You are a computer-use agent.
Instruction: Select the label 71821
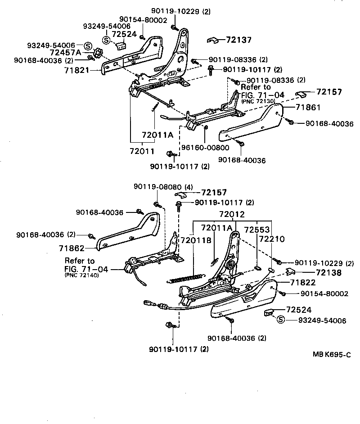tap(77, 70)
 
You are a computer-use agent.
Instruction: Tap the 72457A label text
tap(66, 53)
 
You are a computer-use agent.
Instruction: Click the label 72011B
tap(196, 240)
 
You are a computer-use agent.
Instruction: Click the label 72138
tap(328, 272)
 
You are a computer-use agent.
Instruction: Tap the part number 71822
tap(303, 283)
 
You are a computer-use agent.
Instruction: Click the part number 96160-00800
tap(205, 148)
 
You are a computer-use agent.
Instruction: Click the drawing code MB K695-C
tap(332, 354)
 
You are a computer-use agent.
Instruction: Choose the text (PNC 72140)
tap(82, 275)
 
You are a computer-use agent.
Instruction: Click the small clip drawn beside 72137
tap(212, 41)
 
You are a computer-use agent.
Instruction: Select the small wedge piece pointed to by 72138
tap(290, 271)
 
